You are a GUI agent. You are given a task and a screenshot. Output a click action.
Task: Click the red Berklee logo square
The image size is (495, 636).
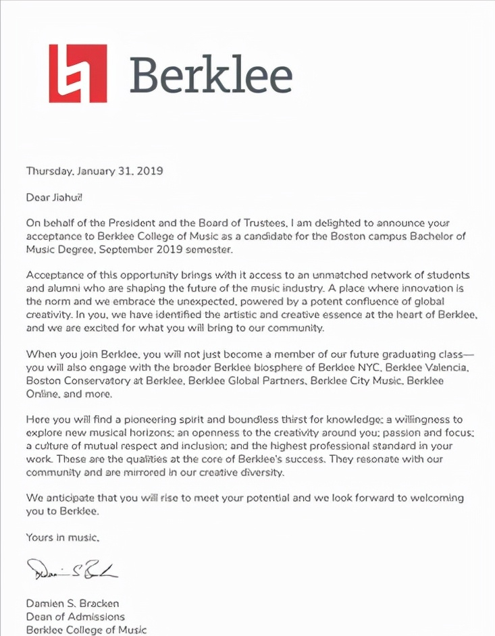tap(78, 74)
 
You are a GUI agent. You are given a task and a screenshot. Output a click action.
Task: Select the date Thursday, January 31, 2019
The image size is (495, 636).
tap(95, 171)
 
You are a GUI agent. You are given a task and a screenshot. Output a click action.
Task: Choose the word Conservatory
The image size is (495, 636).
tap(96, 381)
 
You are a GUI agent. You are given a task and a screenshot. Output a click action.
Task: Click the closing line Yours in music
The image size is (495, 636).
tap(63, 538)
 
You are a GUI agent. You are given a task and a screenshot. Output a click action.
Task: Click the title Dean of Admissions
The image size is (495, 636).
tap(75, 616)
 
